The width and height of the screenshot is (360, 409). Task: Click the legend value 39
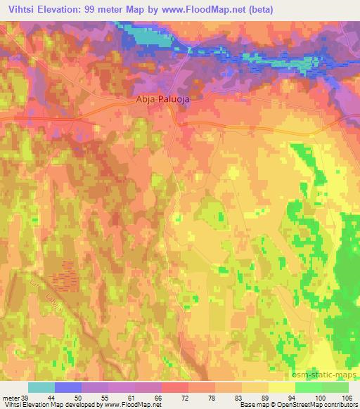25,397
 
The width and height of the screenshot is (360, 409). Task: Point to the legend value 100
321,397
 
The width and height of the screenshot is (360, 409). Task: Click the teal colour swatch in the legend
41,387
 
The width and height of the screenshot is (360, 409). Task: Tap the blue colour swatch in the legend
68,387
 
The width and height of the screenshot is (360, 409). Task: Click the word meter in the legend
10,397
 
